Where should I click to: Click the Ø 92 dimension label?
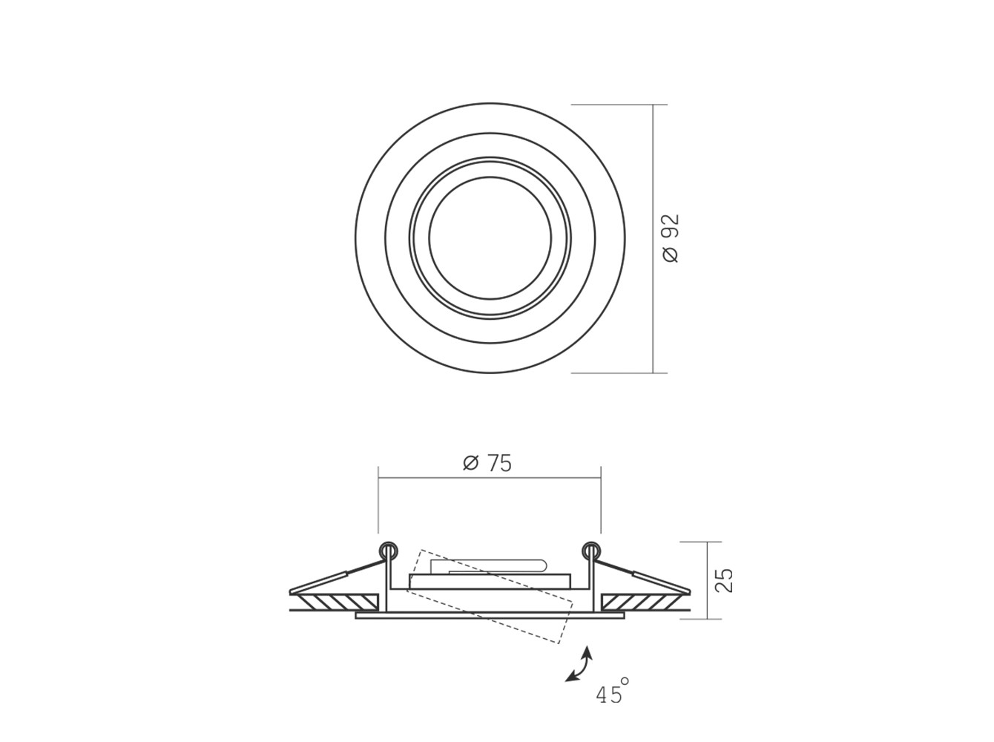point(671,238)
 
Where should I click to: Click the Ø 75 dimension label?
point(487,464)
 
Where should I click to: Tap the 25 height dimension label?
point(723,580)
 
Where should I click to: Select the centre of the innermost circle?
point(490,238)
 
